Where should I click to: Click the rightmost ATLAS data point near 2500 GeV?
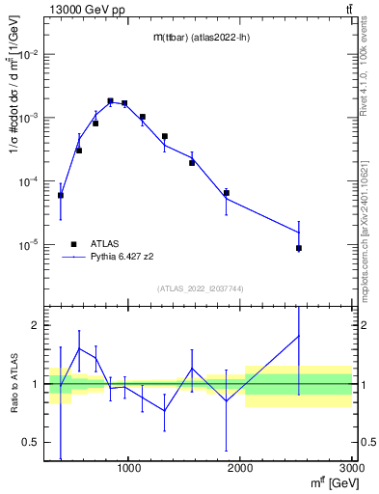tap(299, 248)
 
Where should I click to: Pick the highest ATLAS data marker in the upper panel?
tap(110, 100)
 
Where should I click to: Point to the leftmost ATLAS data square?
tap(61, 195)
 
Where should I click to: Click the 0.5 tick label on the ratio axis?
tap(30, 443)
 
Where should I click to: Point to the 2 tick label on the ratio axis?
tap(35, 326)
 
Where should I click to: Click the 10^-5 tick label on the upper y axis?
tap(29, 245)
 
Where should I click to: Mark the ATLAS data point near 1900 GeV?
tap(227, 193)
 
